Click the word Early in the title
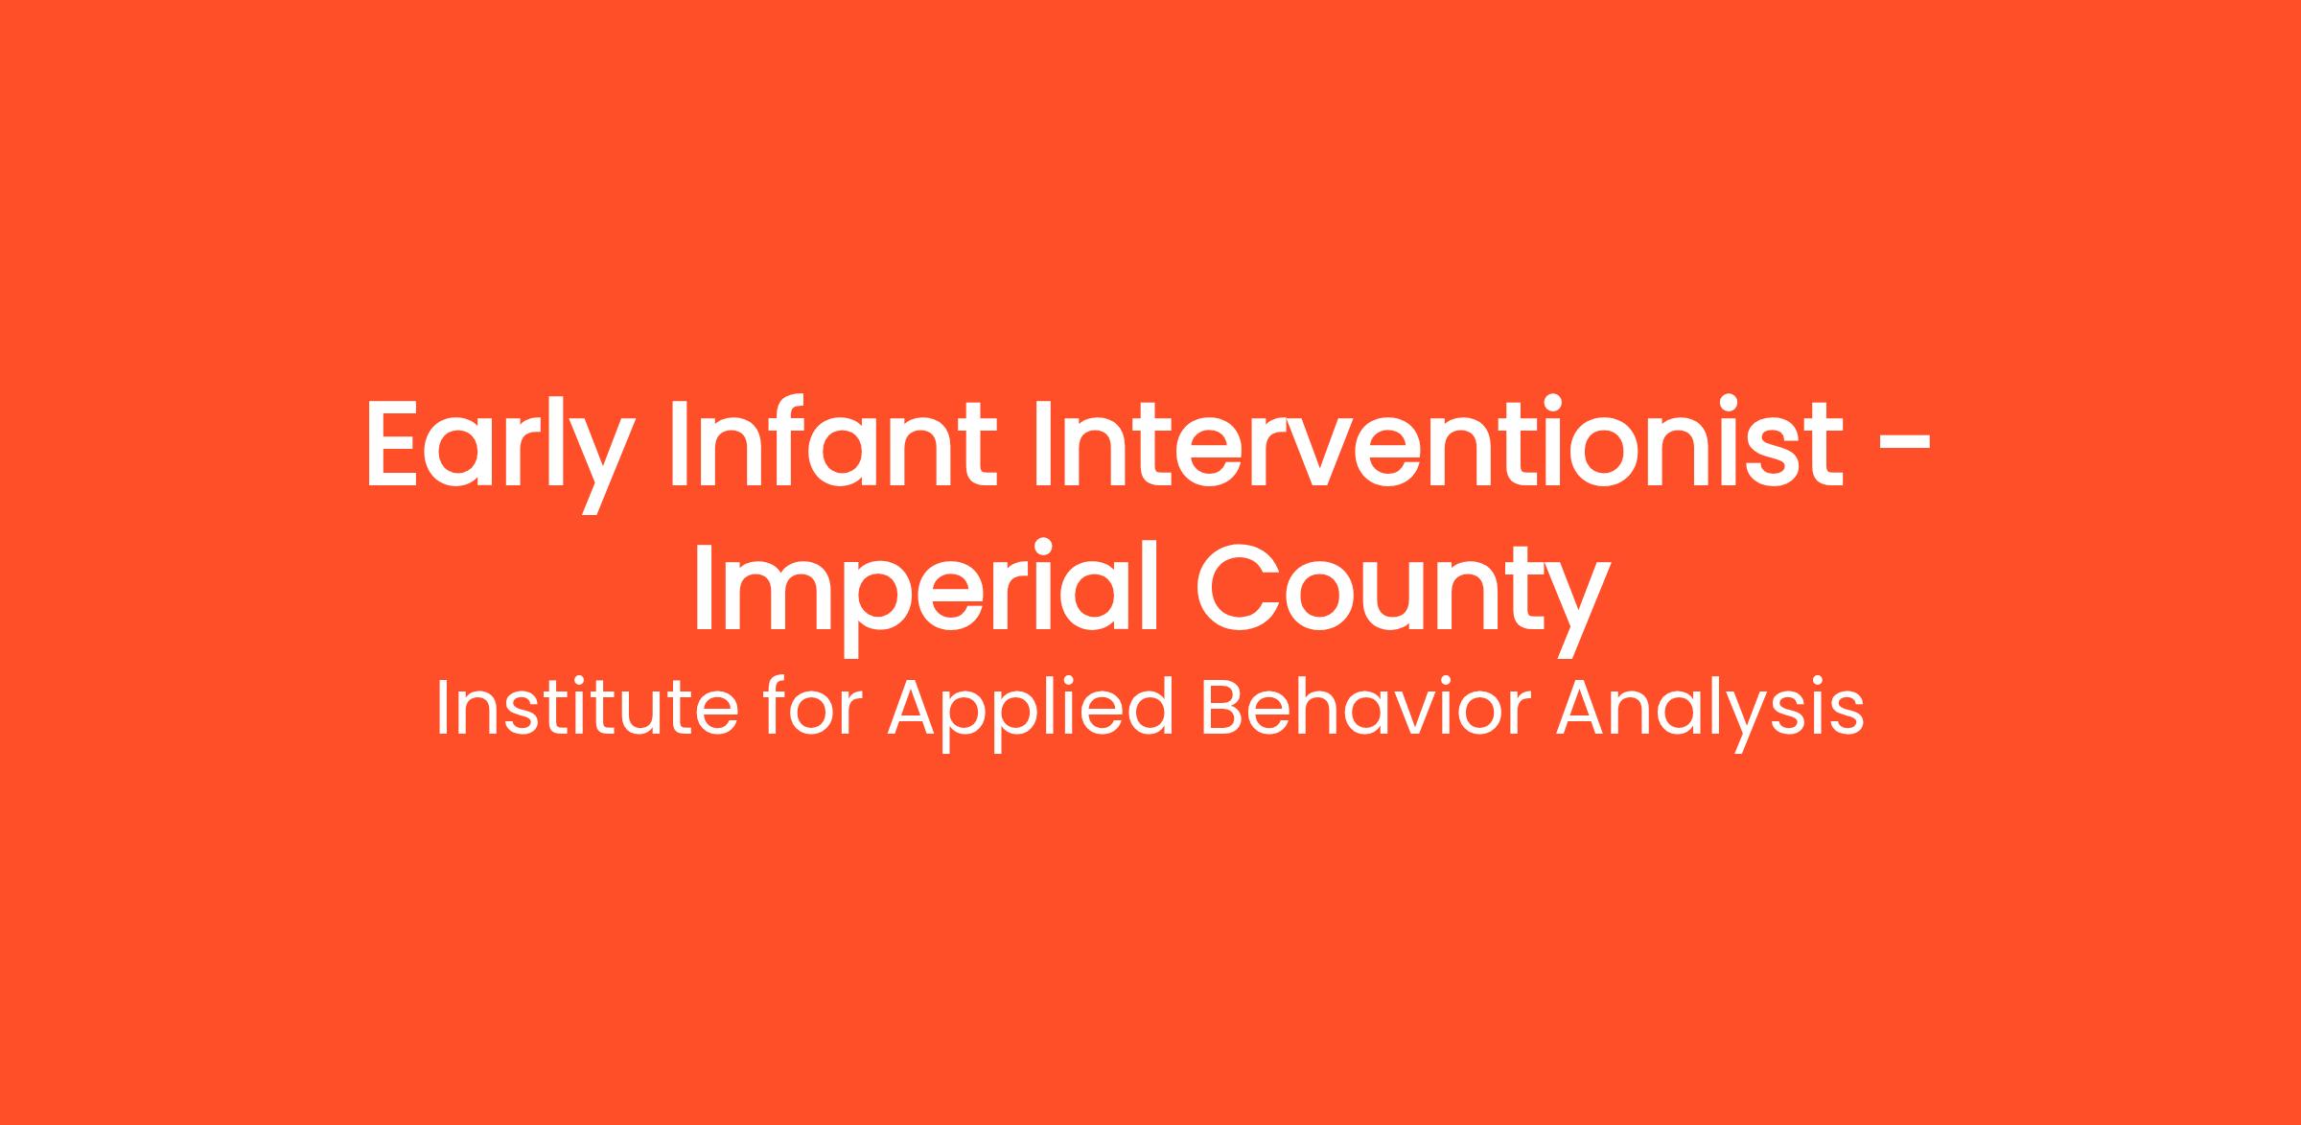coord(500,455)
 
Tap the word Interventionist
coord(1438,442)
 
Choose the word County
coord(1402,599)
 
